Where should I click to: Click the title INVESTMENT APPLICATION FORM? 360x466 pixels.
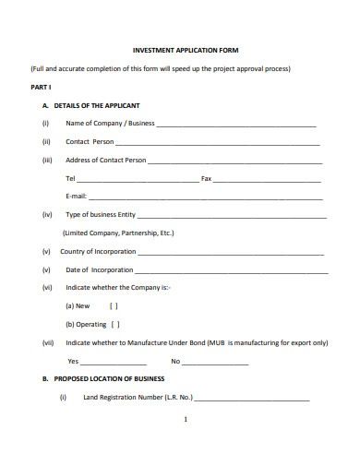coord(186,50)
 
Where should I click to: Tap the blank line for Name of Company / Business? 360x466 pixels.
coord(235,125)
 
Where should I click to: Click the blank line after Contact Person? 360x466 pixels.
coord(218,143)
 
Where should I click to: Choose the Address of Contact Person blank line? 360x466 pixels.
coord(234,161)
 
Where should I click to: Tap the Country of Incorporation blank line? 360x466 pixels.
coord(231,253)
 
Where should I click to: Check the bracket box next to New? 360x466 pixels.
coord(114,306)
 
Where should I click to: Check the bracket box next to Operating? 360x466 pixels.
coord(115,325)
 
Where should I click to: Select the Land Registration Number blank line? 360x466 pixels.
coord(252,399)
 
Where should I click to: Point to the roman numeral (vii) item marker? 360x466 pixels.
coord(48,342)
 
